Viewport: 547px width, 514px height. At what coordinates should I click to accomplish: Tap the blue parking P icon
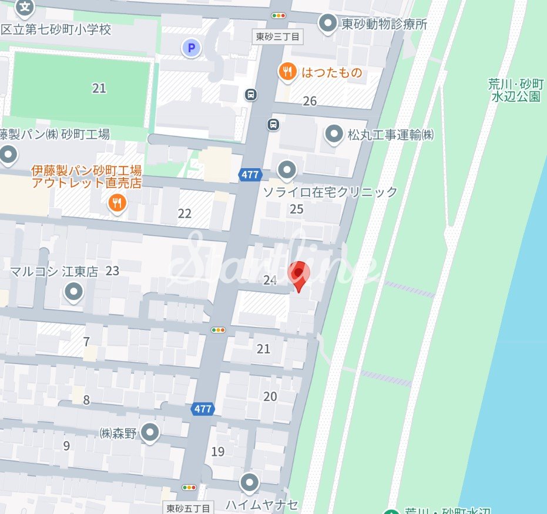(x=190, y=48)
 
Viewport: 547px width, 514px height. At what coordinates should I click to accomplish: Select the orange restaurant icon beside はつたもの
(x=287, y=72)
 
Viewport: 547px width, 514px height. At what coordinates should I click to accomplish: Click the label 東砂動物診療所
(x=384, y=24)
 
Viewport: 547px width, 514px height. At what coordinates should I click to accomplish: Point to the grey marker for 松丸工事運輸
(x=334, y=135)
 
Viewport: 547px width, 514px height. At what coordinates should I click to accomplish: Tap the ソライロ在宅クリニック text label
(x=330, y=192)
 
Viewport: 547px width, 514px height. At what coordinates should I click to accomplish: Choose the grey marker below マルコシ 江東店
(x=74, y=291)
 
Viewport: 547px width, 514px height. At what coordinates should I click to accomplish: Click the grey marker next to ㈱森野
(x=151, y=433)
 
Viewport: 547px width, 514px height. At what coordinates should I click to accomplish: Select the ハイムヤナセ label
(x=262, y=505)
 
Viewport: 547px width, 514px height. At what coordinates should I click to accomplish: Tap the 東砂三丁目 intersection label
(x=278, y=36)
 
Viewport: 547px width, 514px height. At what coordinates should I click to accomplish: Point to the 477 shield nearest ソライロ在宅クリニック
(x=250, y=175)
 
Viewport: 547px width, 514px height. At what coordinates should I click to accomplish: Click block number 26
(x=310, y=101)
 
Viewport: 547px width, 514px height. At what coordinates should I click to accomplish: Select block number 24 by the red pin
(x=270, y=281)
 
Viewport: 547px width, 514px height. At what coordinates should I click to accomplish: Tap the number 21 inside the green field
(x=99, y=88)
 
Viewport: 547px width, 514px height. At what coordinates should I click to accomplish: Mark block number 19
(x=218, y=452)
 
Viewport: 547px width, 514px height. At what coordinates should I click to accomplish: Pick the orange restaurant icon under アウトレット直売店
(x=118, y=203)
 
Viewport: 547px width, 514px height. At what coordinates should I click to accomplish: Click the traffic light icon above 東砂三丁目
(x=278, y=15)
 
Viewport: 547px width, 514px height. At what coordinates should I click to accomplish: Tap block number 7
(x=86, y=342)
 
